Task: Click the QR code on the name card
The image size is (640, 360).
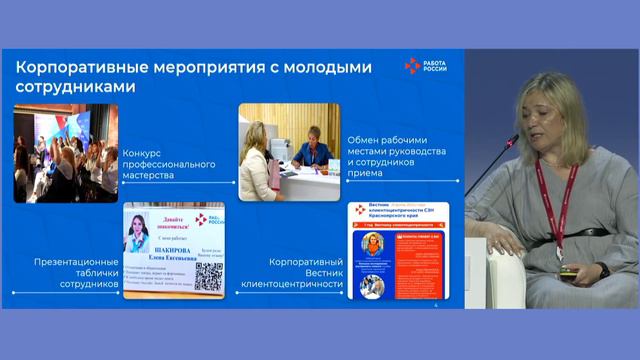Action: tap(208, 277)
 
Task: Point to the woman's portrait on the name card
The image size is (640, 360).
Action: tap(141, 235)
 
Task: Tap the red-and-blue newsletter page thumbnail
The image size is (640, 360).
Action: tap(397, 251)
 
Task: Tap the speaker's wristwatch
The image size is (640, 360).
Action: tap(603, 270)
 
